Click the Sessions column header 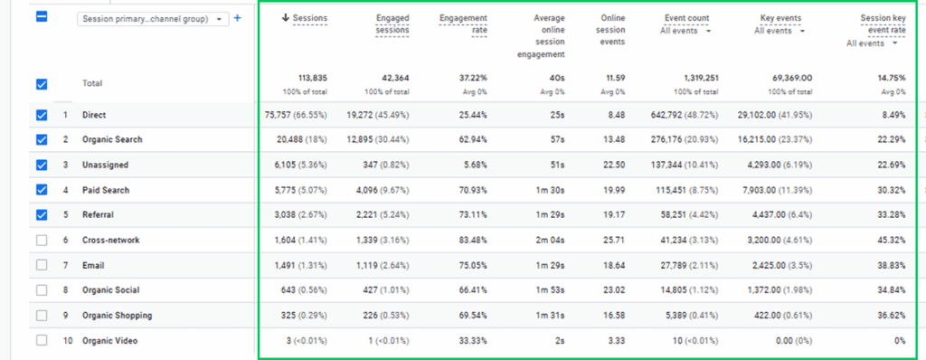pyautogui.click(x=305, y=18)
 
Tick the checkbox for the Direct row pyautogui.click(x=42, y=115)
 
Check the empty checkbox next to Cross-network pyautogui.click(x=42, y=240)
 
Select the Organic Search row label pyautogui.click(x=111, y=140)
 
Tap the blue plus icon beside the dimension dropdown pyautogui.click(x=238, y=18)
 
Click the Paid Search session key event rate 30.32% pyautogui.click(x=887, y=190)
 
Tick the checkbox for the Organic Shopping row pyautogui.click(x=42, y=315)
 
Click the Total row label pyautogui.click(x=93, y=84)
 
